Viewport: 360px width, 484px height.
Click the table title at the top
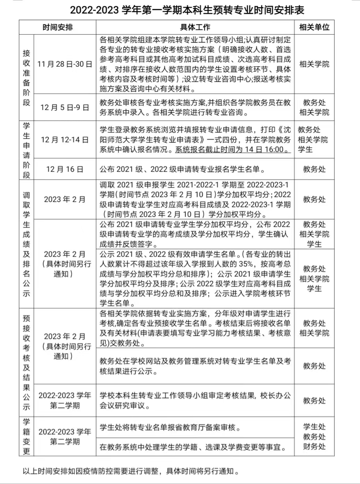[180, 10]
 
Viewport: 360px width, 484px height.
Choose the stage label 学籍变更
[27, 437]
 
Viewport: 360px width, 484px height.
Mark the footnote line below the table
[131, 471]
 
